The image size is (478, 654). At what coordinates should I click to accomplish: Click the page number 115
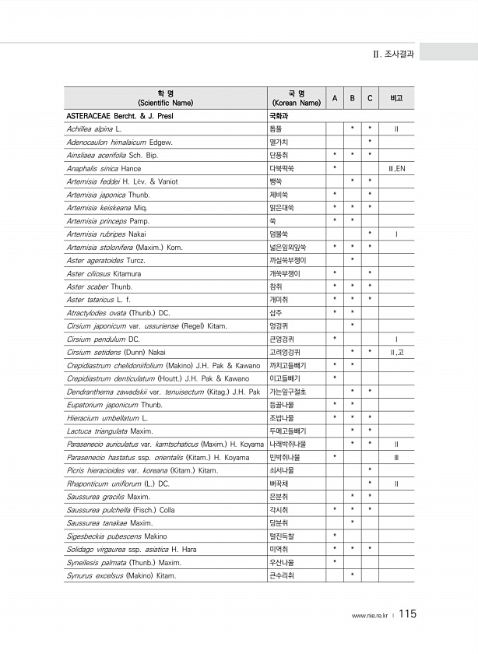(408, 614)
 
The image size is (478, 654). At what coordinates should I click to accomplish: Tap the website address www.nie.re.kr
(370, 616)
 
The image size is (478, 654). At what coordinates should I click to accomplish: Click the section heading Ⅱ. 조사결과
(393, 54)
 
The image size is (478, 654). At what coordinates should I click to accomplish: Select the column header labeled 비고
(396, 97)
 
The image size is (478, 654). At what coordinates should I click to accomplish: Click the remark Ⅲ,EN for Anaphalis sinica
(396, 168)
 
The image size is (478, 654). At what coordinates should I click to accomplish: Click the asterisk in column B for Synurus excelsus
(353, 577)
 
